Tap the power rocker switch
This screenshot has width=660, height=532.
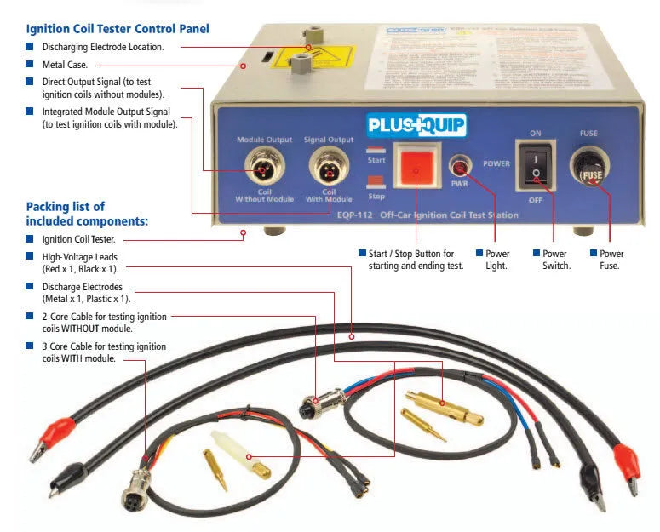535,165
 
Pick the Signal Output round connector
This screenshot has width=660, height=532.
326,166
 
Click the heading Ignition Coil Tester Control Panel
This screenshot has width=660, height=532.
118,29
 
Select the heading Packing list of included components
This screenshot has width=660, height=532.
87,213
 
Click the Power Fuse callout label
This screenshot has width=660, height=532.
611,260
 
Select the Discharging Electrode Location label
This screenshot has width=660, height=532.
103,47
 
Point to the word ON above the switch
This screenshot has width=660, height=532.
536,134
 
